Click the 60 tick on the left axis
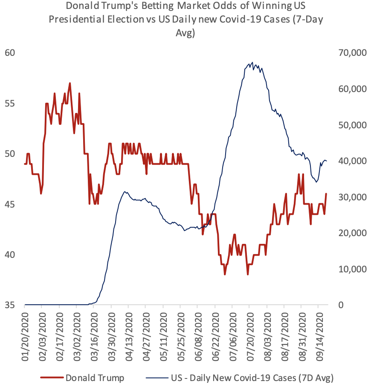pos(10,53)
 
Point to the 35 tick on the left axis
pos(10,305)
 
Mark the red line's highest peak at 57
pos(70,83)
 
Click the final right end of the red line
pos(326,194)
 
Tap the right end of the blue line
pos(327,161)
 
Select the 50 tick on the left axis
pos(10,154)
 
